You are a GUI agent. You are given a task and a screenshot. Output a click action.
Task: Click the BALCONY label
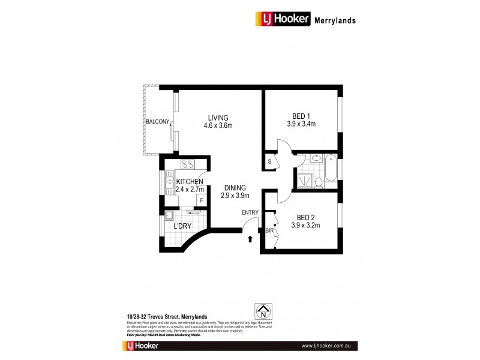pos(156,122)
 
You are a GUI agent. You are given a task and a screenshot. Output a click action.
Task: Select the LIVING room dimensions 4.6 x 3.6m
pos(218,125)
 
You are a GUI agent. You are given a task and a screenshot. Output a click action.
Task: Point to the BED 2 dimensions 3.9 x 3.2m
pos(305,226)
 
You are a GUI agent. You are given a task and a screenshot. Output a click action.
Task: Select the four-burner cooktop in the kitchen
pos(187,166)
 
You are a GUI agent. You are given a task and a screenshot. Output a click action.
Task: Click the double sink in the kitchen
pos(169,184)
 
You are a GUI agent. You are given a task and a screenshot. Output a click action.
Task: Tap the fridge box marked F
pos(202,200)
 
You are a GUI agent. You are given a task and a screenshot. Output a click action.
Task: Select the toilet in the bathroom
pos(319,180)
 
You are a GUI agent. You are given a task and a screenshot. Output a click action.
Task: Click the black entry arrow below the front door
pos(250,240)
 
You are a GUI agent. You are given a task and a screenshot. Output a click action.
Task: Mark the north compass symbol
pos(262,312)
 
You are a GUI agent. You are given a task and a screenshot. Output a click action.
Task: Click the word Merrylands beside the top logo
pos(335,20)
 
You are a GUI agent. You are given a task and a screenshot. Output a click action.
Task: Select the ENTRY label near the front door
pos(250,212)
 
